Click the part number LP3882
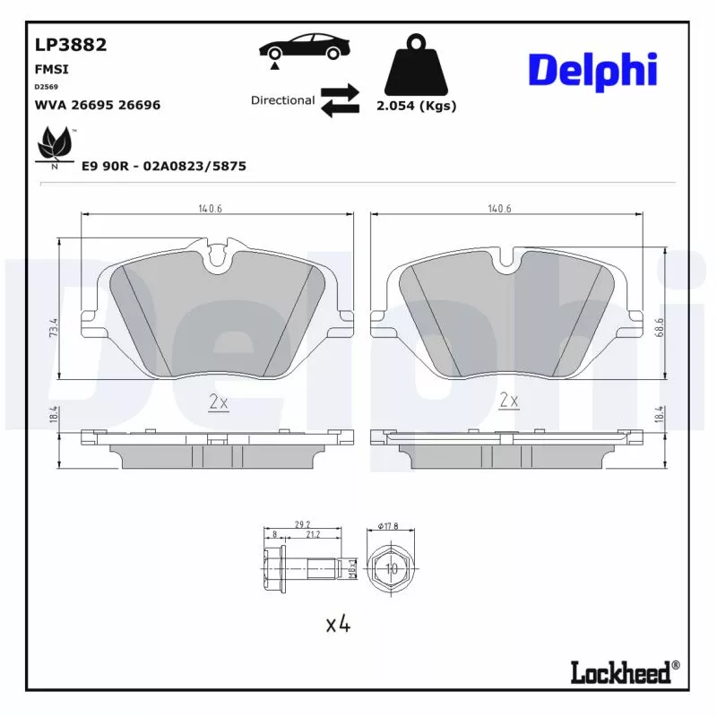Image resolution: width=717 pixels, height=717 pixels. [x=70, y=46]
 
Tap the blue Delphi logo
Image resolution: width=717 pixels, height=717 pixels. [x=592, y=70]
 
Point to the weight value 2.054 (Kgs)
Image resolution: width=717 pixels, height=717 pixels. [x=417, y=106]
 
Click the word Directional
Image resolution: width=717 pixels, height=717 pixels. [x=282, y=100]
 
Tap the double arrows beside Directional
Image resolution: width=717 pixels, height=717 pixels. [x=340, y=100]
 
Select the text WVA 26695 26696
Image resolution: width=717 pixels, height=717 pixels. [x=97, y=105]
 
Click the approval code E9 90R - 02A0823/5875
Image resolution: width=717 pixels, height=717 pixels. [x=164, y=166]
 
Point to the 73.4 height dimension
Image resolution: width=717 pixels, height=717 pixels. [x=55, y=327]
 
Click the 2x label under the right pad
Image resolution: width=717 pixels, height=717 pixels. [x=508, y=400]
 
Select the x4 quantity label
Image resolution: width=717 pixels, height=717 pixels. [x=337, y=624]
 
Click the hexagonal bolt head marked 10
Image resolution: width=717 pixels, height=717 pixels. [x=391, y=568]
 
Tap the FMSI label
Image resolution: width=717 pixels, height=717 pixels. [x=51, y=69]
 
